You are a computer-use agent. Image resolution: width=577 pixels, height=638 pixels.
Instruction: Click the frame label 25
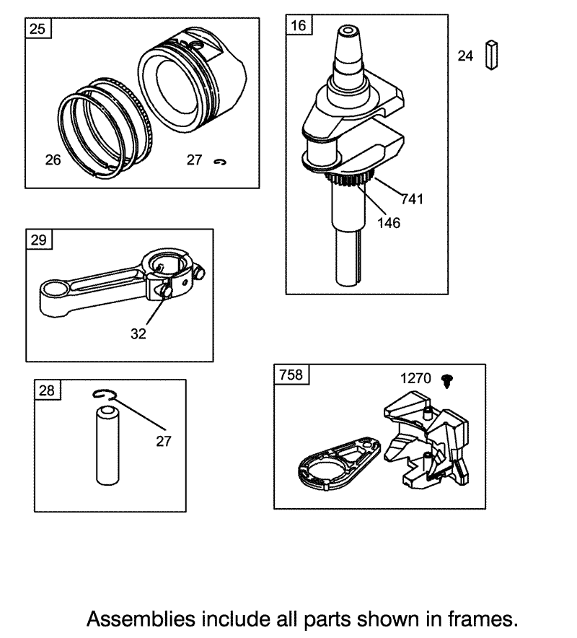coord(38,29)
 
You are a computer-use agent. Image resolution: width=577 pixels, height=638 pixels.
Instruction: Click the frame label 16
coord(298,25)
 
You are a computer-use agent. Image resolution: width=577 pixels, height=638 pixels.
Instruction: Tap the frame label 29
coord(39,240)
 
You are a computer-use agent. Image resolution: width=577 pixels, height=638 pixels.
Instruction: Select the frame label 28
coord(47,390)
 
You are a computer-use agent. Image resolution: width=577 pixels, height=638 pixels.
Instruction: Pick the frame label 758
coord(291,375)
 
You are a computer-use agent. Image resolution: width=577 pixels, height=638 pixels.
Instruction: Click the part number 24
coord(465,56)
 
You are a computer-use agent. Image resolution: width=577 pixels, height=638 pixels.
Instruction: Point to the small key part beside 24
coord(491,55)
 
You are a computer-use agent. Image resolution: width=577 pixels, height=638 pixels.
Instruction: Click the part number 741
coord(413,199)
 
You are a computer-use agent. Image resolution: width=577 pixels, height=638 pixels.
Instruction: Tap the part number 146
coord(389,223)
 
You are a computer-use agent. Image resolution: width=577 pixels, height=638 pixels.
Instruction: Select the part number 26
coord(53,160)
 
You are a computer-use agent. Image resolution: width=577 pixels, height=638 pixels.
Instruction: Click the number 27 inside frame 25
coord(194,160)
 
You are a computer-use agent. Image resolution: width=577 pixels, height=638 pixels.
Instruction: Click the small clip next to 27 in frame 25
coord(220,162)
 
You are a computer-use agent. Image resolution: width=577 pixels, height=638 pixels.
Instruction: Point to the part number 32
coord(138,333)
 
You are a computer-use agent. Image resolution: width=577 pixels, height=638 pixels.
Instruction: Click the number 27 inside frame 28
coord(164,441)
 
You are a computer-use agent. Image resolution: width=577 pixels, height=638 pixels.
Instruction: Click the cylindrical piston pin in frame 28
coord(107,445)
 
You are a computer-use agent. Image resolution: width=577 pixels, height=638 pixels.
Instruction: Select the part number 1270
coord(415,378)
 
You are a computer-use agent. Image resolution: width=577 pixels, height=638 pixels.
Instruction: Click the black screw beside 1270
coord(447,381)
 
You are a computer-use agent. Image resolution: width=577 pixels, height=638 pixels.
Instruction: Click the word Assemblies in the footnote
coord(141,619)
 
